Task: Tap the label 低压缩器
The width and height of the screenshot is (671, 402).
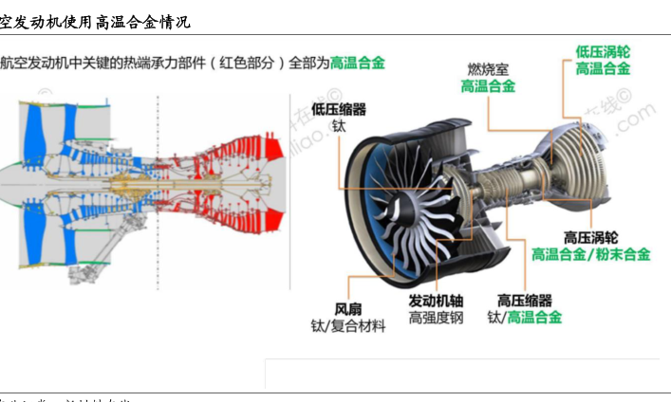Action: (339, 110)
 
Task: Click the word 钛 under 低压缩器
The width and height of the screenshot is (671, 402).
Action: (339, 126)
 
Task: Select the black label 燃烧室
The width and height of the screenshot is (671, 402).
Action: (488, 68)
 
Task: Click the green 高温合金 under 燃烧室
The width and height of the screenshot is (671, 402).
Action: (488, 85)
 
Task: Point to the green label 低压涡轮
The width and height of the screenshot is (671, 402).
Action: (603, 51)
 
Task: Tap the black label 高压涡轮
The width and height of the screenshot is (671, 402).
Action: (590, 238)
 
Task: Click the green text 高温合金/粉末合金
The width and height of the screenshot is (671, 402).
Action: (590, 254)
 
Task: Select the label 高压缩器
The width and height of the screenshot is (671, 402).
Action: (524, 301)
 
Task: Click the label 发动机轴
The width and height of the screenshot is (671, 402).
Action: (436, 301)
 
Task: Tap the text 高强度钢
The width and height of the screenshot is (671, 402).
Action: (436, 318)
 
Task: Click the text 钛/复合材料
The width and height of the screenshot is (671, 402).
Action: (348, 326)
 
